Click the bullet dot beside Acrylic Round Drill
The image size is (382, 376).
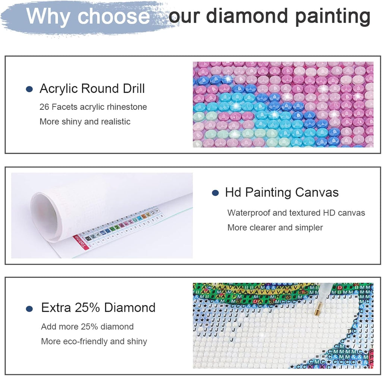coord(29,89)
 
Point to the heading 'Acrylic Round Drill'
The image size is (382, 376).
coord(92,89)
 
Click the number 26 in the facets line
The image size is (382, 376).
coord(44,107)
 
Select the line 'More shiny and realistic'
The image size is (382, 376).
coord(85,121)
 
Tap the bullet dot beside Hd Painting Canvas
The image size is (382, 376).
coord(215,193)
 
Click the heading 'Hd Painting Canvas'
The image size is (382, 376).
coord(282,192)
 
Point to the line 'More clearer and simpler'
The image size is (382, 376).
coord(275,227)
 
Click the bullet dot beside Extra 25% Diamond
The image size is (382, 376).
coord(29,309)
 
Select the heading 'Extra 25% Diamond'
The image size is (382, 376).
coord(98,308)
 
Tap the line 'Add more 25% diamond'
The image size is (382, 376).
coord(87,327)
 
